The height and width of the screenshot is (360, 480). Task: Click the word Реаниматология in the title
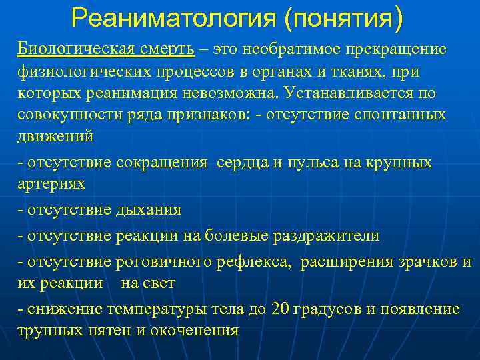[173, 18]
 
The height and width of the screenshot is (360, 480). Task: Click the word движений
[56, 135]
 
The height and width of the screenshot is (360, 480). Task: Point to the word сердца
[243, 162]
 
